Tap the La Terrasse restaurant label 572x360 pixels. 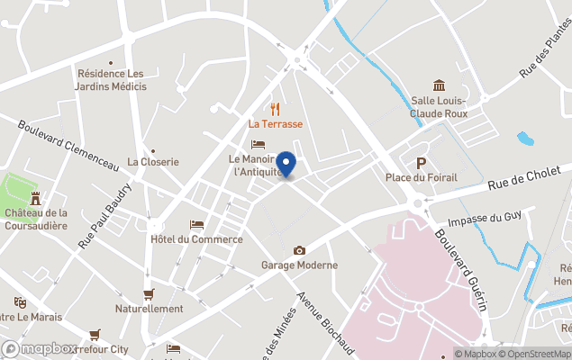click(x=276, y=124)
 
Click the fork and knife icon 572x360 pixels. click(x=276, y=108)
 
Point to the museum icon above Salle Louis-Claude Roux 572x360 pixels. click(x=439, y=85)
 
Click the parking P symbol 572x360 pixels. click(x=420, y=162)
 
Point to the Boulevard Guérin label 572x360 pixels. click(x=462, y=269)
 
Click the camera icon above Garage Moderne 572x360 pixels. click(x=299, y=250)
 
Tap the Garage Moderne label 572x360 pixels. click(x=299, y=265)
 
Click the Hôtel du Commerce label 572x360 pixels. click(x=196, y=239)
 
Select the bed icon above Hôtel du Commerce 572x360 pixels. click(x=196, y=225)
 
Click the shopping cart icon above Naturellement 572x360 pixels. click(x=149, y=293)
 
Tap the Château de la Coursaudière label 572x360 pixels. click(x=36, y=219)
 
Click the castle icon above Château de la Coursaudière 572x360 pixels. click(x=36, y=197)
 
